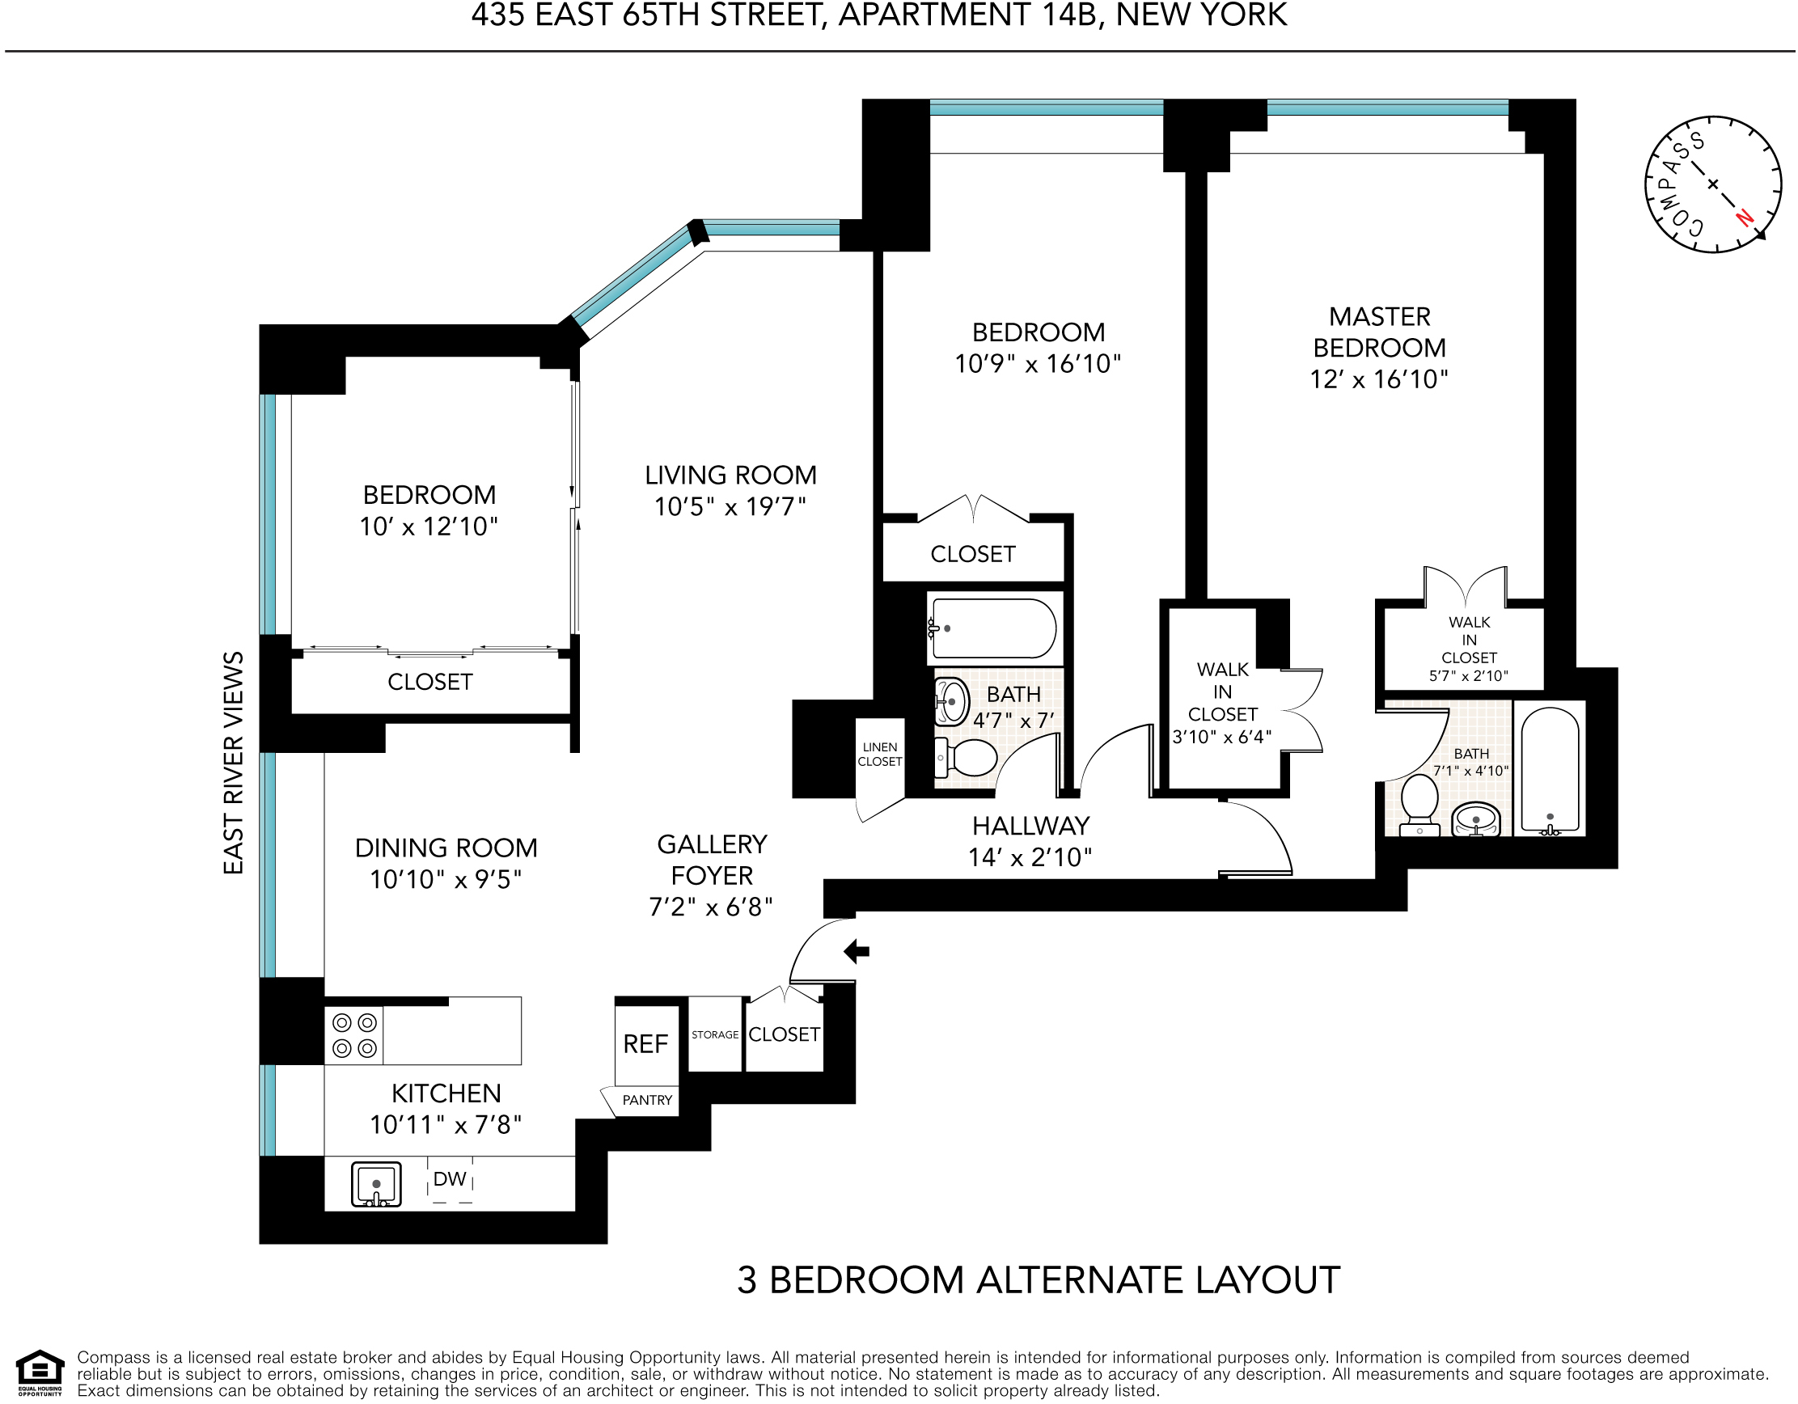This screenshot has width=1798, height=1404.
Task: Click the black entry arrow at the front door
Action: [857, 952]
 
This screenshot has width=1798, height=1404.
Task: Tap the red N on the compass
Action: [1744, 218]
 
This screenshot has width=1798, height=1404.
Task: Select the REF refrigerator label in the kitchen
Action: [645, 1044]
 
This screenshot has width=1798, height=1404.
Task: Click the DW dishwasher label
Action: [450, 1179]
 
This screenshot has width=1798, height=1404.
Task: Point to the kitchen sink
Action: [376, 1184]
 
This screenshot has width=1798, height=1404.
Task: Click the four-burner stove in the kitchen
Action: [355, 1035]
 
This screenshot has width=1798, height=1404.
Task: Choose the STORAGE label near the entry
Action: [715, 1035]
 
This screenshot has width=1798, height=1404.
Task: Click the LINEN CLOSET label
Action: [880, 755]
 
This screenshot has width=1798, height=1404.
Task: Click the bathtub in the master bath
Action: [1550, 769]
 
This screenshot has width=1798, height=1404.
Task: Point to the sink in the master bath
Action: [1476, 820]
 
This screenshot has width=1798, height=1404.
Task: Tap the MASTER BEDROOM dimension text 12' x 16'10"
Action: [1379, 379]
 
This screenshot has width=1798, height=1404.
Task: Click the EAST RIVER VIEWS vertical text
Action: [234, 763]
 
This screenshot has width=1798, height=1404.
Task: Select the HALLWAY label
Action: [1030, 826]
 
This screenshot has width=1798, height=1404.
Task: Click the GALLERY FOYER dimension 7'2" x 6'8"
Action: [710, 907]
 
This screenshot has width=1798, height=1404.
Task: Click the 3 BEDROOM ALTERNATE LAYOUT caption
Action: [1039, 1279]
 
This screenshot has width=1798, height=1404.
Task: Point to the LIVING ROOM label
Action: [730, 475]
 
